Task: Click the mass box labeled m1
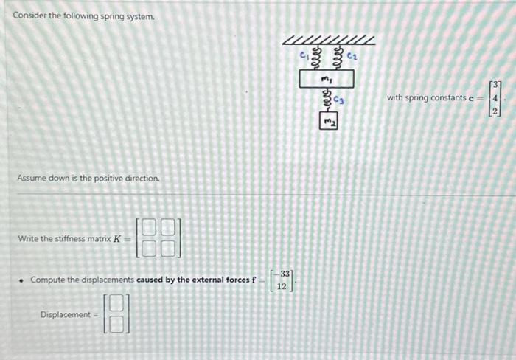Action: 327,77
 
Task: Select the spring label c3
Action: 339,99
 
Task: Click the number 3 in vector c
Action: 497,85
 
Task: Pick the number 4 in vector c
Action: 497,97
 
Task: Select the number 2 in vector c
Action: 497,110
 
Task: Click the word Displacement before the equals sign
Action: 65,314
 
